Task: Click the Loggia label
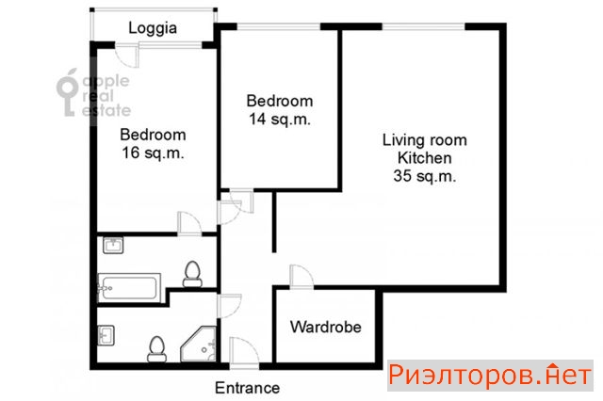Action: pos(153,28)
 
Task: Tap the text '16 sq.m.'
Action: pos(153,152)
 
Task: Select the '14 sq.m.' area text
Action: pos(280,119)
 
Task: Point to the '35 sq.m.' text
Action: pos(425,176)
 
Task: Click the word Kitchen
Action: pos(425,158)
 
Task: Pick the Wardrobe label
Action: pos(326,327)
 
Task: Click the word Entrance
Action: pos(247,388)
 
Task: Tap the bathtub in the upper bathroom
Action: pos(129,288)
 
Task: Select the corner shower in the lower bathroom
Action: pos(199,345)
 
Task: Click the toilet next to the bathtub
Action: pos(192,274)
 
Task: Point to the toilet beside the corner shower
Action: pos(156,349)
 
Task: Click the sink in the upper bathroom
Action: pos(113,246)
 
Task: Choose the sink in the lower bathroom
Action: pos(106,336)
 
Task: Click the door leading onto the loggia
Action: pos(128,56)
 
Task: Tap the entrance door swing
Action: pos(244,353)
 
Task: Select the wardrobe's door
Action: pos(301,277)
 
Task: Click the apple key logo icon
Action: pos(68,92)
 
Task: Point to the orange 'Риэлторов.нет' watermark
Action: pos(490,376)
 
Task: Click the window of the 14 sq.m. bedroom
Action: pos(279,26)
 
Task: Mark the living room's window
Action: pos(423,26)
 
